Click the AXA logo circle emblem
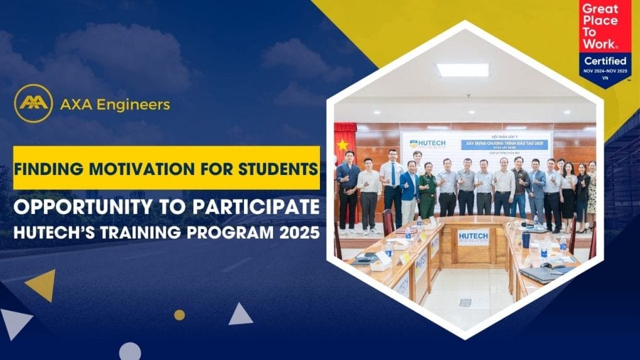(x=33, y=103)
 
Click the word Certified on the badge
(x=605, y=61)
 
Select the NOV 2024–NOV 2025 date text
(x=605, y=71)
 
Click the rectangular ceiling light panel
(x=462, y=70)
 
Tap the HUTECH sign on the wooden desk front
(x=472, y=236)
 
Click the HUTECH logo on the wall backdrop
(x=424, y=145)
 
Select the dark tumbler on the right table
(x=526, y=239)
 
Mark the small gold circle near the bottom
(x=179, y=315)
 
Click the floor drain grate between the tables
(x=464, y=302)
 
